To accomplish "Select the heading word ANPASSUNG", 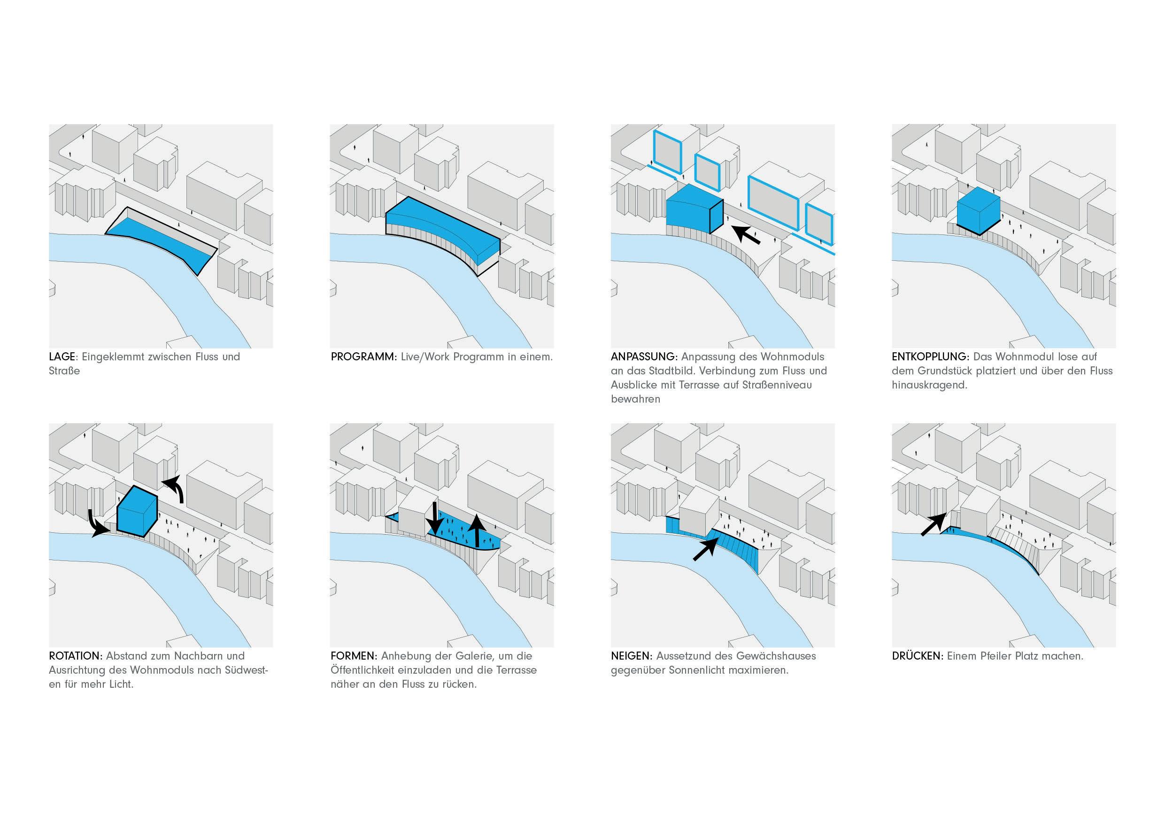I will click(x=644, y=357).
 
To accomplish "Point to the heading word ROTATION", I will click(x=76, y=656).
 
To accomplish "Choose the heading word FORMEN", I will click(x=353, y=656).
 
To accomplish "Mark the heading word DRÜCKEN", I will click(x=918, y=656).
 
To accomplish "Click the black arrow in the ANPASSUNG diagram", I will click(x=748, y=235).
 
